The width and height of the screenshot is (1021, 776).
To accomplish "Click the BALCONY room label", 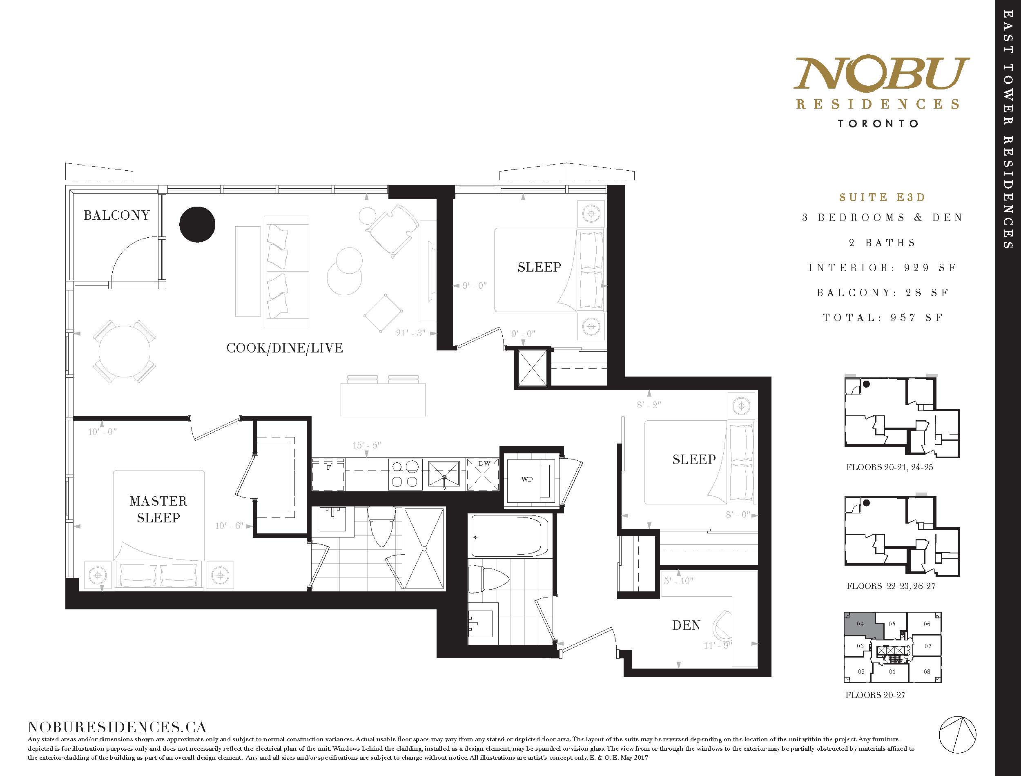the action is coord(116,215).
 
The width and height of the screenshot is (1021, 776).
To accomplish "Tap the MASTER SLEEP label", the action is coord(158,509).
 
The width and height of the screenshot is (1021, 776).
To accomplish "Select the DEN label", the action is coord(686,625).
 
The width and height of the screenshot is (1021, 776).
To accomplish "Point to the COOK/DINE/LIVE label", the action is coord(285,348).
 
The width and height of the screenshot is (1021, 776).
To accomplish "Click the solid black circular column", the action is coord(197,224).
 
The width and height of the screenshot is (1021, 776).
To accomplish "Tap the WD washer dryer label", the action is coord(527,479).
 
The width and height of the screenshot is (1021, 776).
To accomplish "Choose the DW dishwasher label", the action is coord(484,463).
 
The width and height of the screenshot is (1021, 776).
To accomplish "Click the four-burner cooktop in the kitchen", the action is coord(405,474).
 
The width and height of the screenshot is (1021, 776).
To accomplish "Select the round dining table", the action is coord(124,351).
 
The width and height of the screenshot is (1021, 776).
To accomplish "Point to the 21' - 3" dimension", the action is coord(410,332).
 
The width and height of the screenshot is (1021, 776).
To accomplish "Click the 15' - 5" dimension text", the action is coord(366,445).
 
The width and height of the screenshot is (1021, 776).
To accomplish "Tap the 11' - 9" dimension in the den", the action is coord(718,645).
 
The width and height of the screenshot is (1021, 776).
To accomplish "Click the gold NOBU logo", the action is coord(881,74).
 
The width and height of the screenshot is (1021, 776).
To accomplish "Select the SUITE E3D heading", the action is coord(882,197).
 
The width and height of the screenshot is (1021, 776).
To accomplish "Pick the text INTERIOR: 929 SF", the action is coord(882,268).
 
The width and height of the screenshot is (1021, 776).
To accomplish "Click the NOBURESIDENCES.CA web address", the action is coord(117,727).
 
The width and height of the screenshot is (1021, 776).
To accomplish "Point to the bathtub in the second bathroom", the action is coord(509,536).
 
